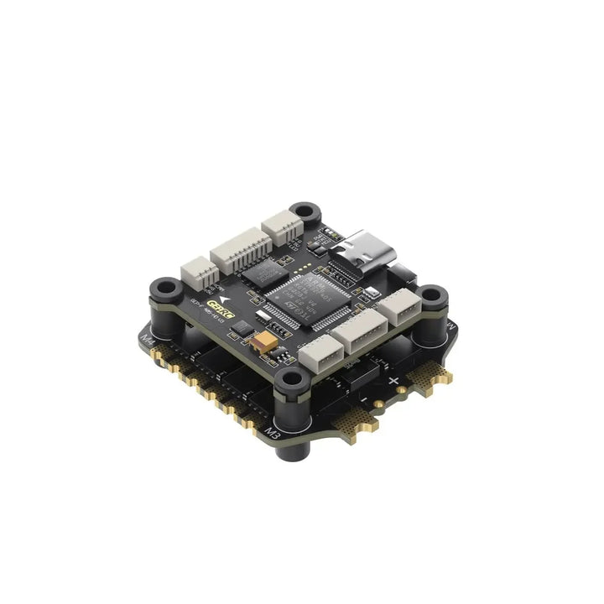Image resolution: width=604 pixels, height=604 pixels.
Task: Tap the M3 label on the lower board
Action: (x=272, y=433)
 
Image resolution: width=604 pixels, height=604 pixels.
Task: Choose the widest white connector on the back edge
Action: (x=240, y=249)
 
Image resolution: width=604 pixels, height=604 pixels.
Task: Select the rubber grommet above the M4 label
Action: (x=164, y=291)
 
